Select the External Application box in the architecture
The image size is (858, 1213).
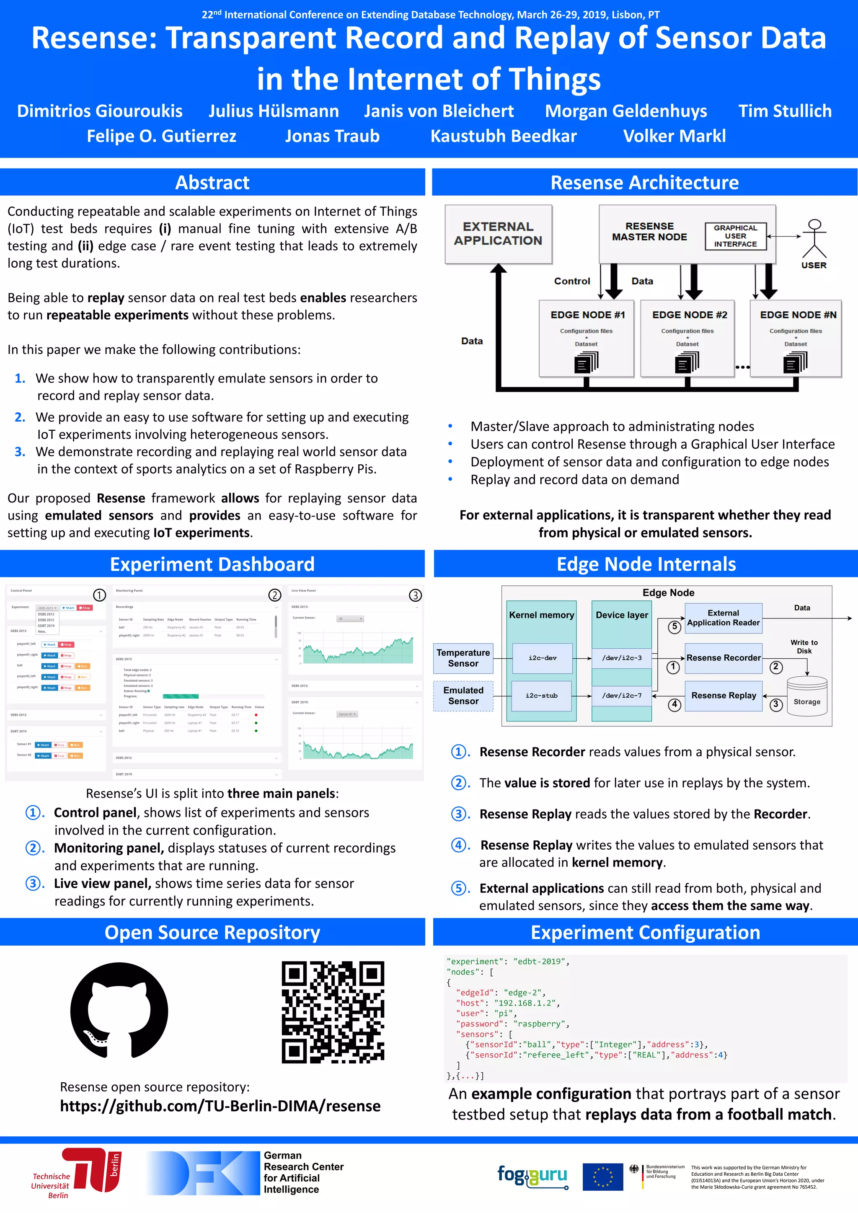(x=498, y=234)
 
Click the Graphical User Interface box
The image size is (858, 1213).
(x=735, y=236)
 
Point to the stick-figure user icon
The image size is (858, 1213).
(x=814, y=239)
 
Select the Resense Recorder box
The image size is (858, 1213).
(x=723, y=658)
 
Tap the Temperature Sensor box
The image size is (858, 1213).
(x=463, y=658)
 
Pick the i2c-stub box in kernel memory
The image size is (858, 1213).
(x=542, y=696)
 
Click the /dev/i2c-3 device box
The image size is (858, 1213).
(x=622, y=658)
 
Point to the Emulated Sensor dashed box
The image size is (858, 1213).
(x=463, y=696)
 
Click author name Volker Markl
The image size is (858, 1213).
(x=674, y=136)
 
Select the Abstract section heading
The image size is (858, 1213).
(x=212, y=183)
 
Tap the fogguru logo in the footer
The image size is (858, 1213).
(x=532, y=1175)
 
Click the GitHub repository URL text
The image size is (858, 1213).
(x=220, y=1106)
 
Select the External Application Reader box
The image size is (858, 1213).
(x=723, y=618)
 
